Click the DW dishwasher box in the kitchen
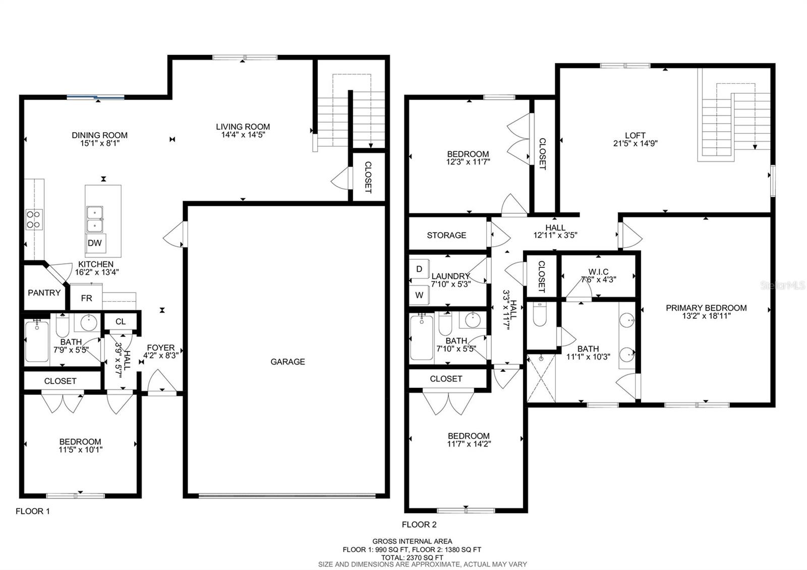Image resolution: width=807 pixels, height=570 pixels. pyautogui.click(x=96, y=243)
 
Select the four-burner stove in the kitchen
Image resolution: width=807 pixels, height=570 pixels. pyautogui.click(x=34, y=219)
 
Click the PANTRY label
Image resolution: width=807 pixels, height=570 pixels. pyautogui.click(x=44, y=293)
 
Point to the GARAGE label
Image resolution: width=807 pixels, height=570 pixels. pyautogui.click(x=287, y=362)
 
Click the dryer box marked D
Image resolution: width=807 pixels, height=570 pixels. pyautogui.click(x=419, y=269)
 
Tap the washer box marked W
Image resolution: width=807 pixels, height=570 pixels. pyautogui.click(x=419, y=295)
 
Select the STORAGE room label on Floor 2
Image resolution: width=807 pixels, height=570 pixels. pyautogui.click(x=446, y=235)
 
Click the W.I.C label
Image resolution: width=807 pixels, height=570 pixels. pyautogui.click(x=598, y=272)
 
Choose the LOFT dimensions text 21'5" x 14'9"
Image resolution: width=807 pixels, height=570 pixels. pyautogui.click(x=635, y=143)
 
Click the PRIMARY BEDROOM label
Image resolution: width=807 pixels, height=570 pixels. pyautogui.click(x=706, y=308)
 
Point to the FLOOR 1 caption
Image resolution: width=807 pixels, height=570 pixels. pyautogui.click(x=33, y=511)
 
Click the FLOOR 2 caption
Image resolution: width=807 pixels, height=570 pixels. pyautogui.click(x=419, y=525)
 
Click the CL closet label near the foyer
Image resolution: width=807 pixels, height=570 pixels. pyautogui.click(x=121, y=321)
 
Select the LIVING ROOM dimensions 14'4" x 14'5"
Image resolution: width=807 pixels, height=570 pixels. pyautogui.click(x=243, y=135)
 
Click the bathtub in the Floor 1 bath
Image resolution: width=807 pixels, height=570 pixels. pyautogui.click(x=37, y=341)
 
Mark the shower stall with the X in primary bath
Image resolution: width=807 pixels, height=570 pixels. pyautogui.click(x=541, y=378)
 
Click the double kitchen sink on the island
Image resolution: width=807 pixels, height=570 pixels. pyautogui.click(x=95, y=219)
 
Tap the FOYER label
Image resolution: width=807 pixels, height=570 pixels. pyautogui.click(x=161, y=348)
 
